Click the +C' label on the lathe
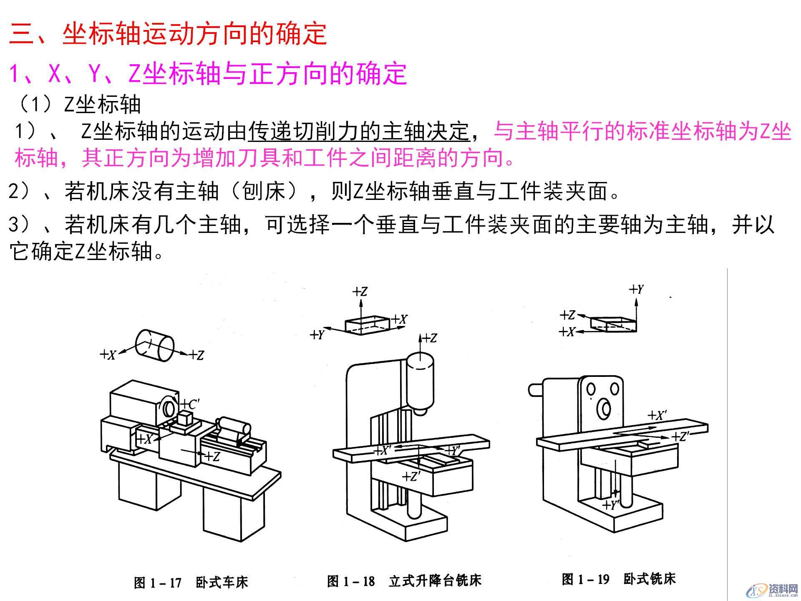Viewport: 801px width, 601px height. click(x=191, y=404)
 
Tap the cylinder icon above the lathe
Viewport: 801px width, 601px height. click(x=154, y=345)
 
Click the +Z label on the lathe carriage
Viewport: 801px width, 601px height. click(x=212, y=457)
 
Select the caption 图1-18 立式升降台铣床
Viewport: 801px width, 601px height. click(x=404, y=581)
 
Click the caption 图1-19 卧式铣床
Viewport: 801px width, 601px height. click(x=618, y=579)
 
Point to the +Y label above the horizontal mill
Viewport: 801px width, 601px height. click(x=637, y=289)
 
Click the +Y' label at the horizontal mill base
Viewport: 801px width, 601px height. click(x=611, y=505)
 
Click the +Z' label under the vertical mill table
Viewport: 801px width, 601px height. click(x=411, y=476)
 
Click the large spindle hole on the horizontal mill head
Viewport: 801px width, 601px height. click(x=604, y=409)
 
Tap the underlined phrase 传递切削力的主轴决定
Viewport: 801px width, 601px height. click(x=359, y=131)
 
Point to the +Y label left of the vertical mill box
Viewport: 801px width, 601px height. click(x=317, y=335)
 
